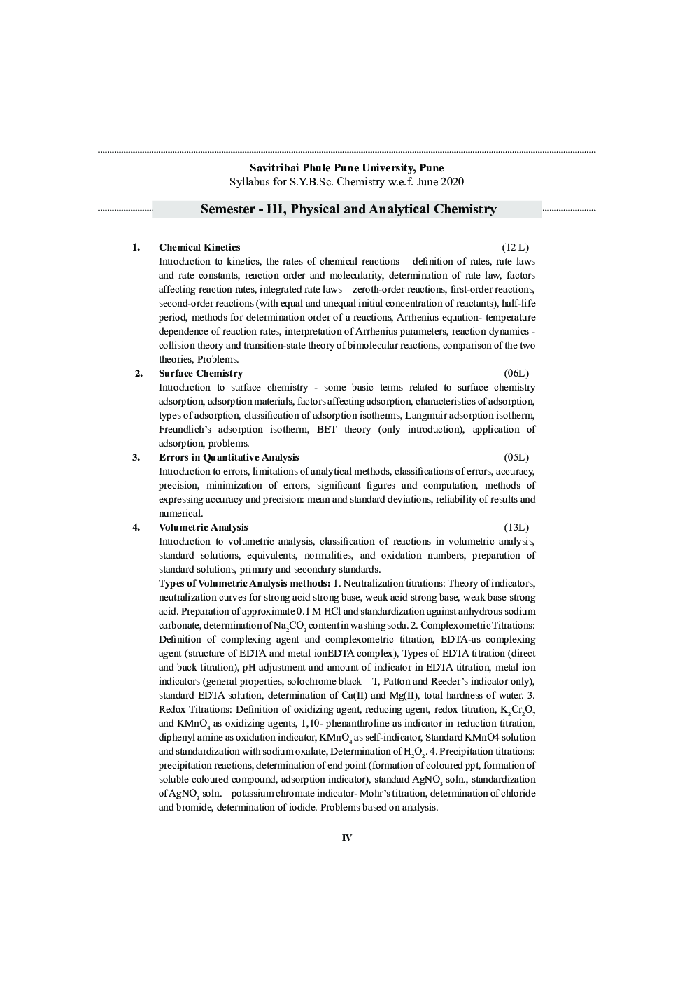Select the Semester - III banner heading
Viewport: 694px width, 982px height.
(x=348, y=209)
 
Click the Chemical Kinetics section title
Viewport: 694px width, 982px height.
(x=199, y=247)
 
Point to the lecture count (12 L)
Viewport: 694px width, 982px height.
(x=516, y=247)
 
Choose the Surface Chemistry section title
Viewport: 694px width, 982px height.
(x=200, y=373)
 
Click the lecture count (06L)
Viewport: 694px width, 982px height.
(x=516, y=373)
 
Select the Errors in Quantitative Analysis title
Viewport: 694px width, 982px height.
(x=228, y=457)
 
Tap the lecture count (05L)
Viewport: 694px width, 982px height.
(x=516, y=457)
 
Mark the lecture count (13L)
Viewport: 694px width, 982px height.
(x=516, y=527)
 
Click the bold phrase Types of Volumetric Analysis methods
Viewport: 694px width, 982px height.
(x=244, y=583)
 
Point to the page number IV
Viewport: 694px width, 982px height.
(x=346, y=838)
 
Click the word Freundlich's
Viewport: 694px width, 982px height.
(x=185, y=429)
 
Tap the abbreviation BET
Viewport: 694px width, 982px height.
(x=326, y=429)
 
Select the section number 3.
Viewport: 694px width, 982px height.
(x=136, y=457)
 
